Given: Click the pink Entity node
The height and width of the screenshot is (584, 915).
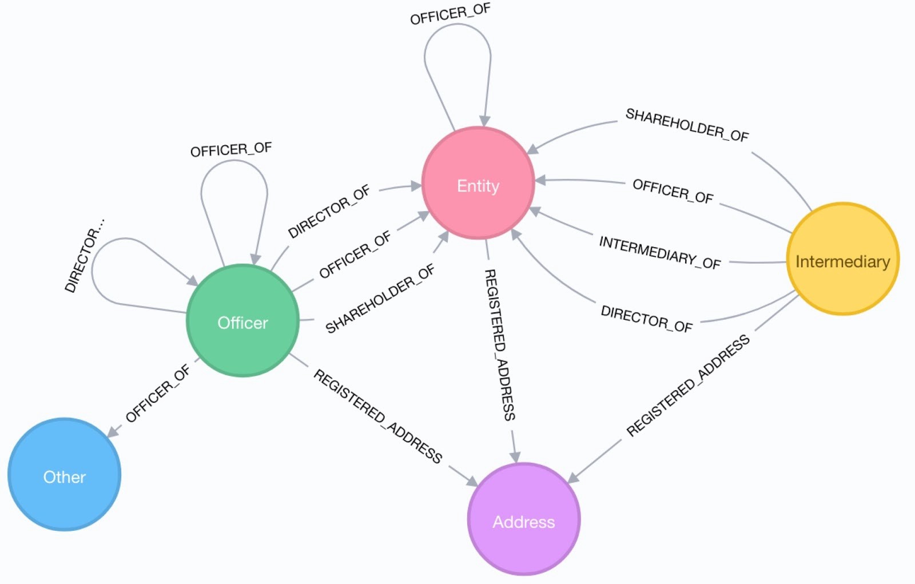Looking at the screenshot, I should (x=478, y=183).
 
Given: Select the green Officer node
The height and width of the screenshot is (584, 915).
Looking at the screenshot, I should (x=243, y=321).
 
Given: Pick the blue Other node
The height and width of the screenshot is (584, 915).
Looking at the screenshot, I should (x=65, y=475).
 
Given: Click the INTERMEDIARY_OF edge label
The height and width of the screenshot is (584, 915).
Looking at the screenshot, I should (x=659, y=252).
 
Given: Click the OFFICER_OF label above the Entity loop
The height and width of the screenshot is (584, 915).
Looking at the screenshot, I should (x=450, y=14).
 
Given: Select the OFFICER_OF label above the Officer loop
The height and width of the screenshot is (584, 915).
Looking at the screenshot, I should (x=231, y=150).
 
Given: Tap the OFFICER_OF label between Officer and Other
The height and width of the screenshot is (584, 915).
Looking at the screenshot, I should (x=157, y=394).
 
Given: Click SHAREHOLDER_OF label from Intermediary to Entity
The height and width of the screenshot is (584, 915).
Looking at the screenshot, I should (x=687, y=125).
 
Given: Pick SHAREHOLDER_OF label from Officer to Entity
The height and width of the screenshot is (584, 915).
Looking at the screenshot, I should (x=380, y=299).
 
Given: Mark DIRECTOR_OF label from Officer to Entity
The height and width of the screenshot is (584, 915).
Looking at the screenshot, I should (x=329, y=212).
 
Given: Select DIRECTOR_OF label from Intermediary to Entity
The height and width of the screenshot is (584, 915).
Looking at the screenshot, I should (x=646, y=319).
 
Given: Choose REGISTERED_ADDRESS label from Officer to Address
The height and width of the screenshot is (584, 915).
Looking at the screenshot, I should (x=378, y=416).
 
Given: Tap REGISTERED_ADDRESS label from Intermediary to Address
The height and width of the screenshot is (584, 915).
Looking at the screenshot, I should (x=687, y=386).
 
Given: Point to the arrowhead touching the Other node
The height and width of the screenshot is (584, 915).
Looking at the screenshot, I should (x=113, y=431).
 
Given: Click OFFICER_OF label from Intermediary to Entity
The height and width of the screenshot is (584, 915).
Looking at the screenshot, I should (x=673, y=191).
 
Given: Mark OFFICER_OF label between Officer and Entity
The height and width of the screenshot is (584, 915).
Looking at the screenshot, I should (x=355, y=255).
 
